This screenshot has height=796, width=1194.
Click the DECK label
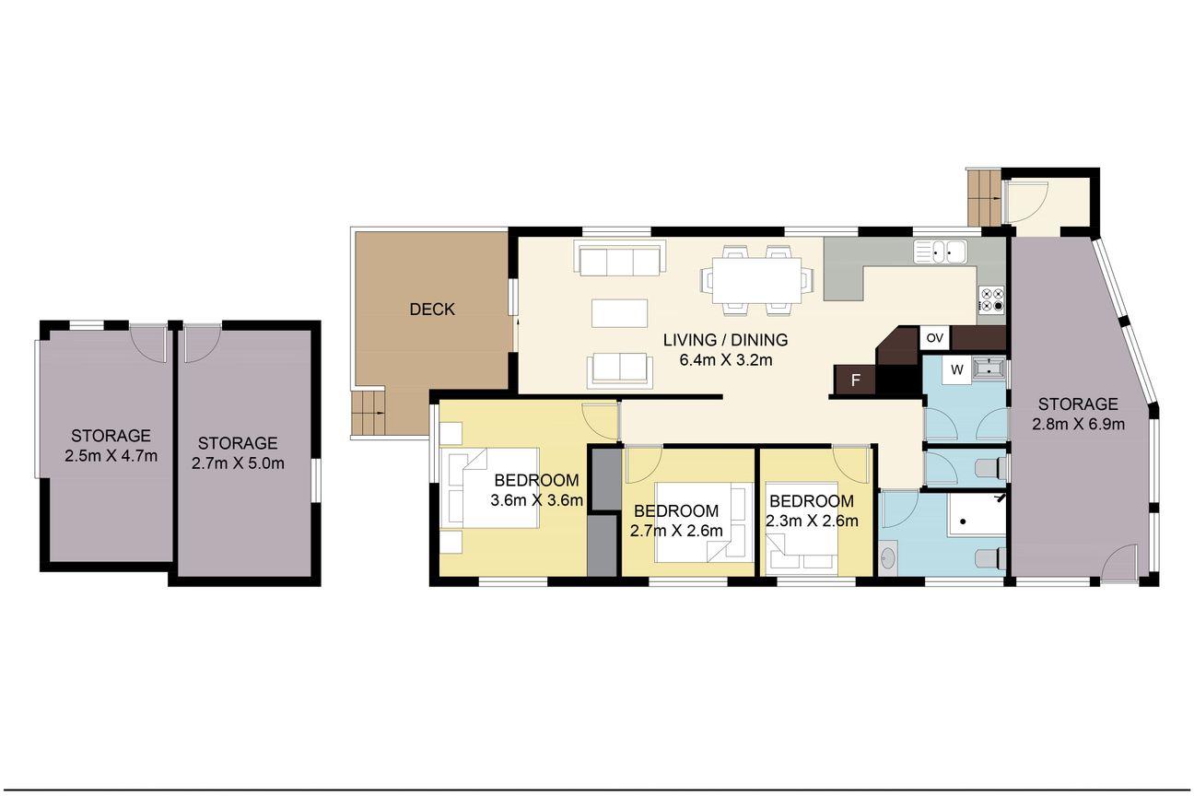point(432,310)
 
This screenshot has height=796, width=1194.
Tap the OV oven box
point(935,338)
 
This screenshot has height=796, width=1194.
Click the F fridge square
point(856,380)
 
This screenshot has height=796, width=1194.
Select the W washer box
point(957,370)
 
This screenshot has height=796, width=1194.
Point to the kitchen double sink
point(940,252)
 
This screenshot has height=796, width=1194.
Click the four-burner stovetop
point(991,299)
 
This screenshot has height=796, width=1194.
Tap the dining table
point(756,280)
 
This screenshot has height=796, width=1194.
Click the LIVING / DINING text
point(725,340)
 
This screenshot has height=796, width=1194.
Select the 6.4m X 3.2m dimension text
point(725,360)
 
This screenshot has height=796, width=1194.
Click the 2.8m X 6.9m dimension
point(1078,425)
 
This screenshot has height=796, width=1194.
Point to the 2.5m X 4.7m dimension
point(111,456)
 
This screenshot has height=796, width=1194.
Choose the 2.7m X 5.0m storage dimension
point(238,463)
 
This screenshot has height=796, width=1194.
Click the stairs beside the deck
point(368,413)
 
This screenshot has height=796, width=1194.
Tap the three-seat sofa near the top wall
point(619,258)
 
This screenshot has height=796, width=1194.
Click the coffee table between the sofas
point(619,313)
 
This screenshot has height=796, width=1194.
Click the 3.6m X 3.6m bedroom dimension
point(536,500)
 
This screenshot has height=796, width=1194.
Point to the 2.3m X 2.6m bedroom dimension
point(812,521)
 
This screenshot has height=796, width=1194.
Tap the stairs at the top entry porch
point(984,198)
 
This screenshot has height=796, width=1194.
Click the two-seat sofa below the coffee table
point(620,370)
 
